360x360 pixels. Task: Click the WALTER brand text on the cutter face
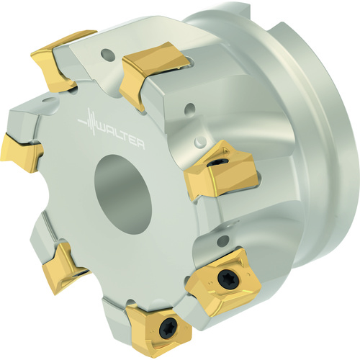122,135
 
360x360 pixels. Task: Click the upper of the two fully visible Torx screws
226,278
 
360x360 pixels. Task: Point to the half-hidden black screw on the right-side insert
213,163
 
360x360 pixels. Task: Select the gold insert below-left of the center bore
66,269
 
